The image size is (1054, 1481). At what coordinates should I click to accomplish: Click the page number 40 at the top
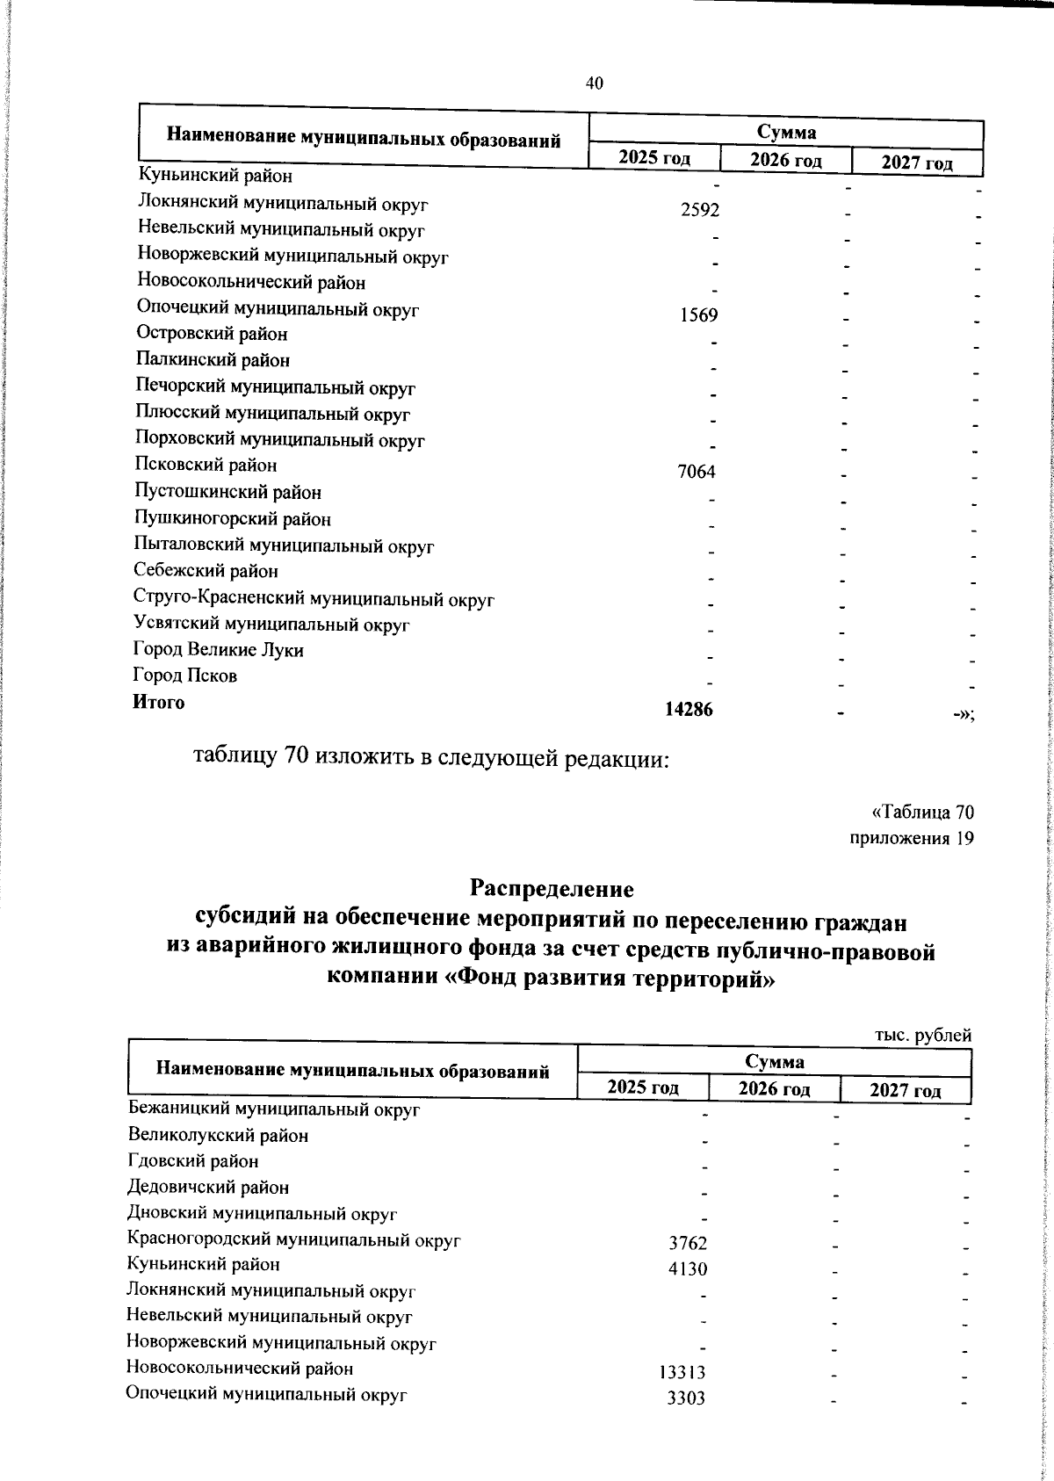(595, 83)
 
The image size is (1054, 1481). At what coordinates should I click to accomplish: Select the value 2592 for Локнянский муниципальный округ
(700, 211)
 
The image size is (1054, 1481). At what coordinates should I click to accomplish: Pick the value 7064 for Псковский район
(697, 473)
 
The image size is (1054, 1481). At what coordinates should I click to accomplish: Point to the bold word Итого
(159, 702)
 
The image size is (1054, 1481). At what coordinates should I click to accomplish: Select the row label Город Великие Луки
(219, 650)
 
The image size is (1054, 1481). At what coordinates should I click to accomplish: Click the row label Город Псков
(185, 675)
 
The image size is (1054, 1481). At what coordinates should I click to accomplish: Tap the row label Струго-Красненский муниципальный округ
(314, 600)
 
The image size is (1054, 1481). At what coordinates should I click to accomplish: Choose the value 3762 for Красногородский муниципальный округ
(688, 1243)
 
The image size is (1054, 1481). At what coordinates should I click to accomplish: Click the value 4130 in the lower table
(688, 1269)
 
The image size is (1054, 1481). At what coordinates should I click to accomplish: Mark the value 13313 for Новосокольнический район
(682, 1373)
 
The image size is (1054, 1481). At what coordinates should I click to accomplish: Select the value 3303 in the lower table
(686, 1399)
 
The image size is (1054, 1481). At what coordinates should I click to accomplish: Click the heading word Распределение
(552, 888)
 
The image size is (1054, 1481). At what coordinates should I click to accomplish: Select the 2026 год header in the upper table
(785, 161)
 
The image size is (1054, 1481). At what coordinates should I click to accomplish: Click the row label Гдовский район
(193, 1161)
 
